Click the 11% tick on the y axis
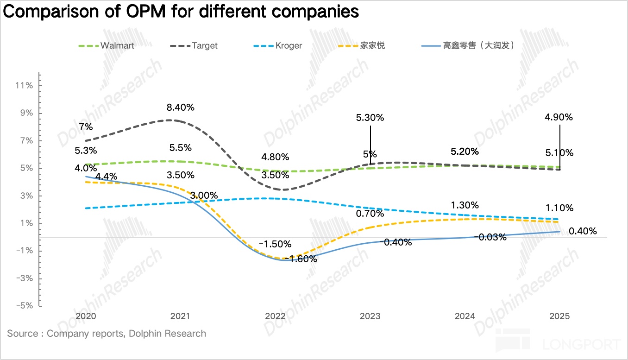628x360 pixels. pyautogui.click(x=24, y=86)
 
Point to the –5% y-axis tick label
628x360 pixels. pyautogui.click(x=24, y=306)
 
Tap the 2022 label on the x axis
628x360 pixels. pyautogui.click(x=275, y=316)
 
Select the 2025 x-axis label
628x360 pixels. pyautogui.click(x=559, y=316)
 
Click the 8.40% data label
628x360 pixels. pyautogui.click(x=180, y=107)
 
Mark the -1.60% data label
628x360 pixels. pyautogui.click(x=301, y=259)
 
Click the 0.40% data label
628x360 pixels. pyautogui.click(x=583, y=231)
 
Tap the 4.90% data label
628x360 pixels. pyautogui.click(x=559, y=117)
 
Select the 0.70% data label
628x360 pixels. pyautogui.click(x=370, y=214)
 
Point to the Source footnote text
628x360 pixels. pyautogui.click(x=107, y=334)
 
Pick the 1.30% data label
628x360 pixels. pyautogui.click(x=465, y=205)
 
